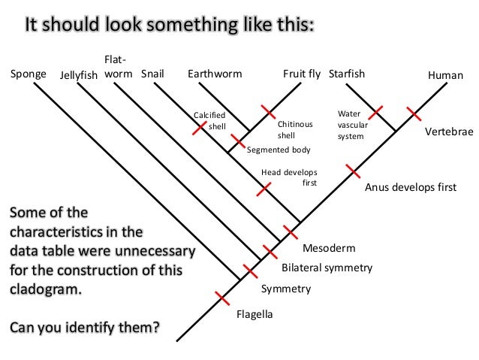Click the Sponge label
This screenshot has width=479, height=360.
click(x=27, y=75)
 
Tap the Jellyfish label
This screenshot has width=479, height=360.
click(x=78, y=76)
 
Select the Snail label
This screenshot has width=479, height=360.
click(x=152, y=74)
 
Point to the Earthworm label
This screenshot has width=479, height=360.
click(x=211, y=74)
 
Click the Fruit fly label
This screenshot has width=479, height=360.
click(x=302, y=74)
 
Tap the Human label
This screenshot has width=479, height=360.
click(x=446, y=75)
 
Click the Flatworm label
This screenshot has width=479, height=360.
click(x=118, y=67)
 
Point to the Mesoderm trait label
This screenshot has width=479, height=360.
click(x=328, y=247)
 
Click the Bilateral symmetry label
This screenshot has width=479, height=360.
click(x=327, y=267)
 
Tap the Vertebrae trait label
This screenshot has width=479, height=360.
click(x=449, y=131)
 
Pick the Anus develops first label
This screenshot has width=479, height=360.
click(x=410, y=187)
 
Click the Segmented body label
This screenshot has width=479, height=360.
click(x=279, y=150)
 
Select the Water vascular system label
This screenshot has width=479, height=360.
click(x=351, y=125)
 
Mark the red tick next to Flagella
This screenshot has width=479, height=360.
click(x=223, y=298)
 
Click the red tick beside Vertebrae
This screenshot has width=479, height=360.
click(x=413, y=113)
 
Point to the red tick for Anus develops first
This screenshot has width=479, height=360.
click(x=351, y=170)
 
